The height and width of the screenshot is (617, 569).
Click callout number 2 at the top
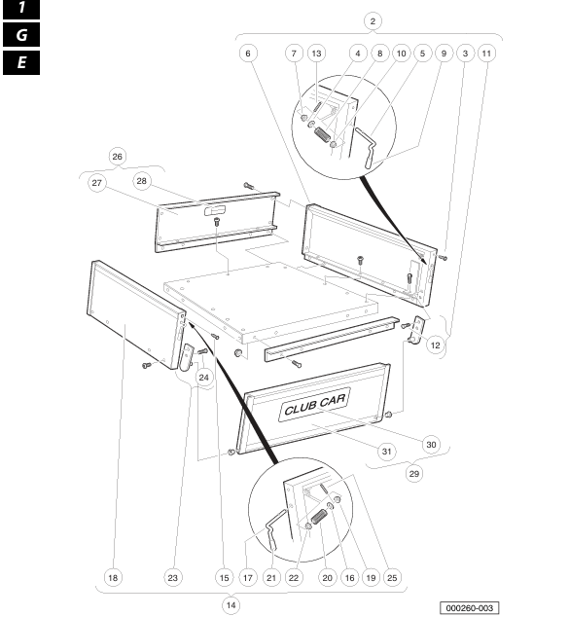(373, 21)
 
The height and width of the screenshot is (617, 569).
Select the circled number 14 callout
(231, 604)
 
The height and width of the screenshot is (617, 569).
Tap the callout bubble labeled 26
(117, 157)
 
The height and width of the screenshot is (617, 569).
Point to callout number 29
(414, 473)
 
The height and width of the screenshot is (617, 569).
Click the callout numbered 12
(436, 345)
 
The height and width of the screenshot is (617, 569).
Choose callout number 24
(203, 378)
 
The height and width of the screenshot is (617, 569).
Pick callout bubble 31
(387, 452)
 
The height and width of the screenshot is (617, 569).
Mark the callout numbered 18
(113, 578)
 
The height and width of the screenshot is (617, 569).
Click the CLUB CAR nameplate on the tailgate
(315, 405)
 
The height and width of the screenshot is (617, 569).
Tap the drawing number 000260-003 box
(469, 608)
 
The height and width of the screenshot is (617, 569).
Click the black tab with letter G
(21, 35)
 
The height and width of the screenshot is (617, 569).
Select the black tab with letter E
(21, 62)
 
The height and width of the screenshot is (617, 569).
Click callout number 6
(248, 54)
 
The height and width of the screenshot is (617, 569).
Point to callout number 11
(486, 54)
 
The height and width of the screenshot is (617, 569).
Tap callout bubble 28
(142, 181)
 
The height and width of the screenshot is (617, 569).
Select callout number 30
(432, 445)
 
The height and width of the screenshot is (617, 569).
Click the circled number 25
(392, 578)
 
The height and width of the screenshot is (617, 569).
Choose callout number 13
(316, 54)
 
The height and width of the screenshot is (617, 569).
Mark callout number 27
(96, 183)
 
